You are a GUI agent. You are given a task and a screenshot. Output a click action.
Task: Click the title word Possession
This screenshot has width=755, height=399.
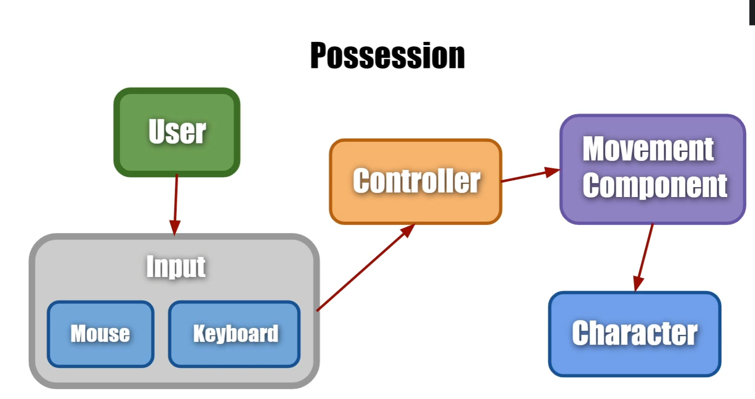tap(388, 56)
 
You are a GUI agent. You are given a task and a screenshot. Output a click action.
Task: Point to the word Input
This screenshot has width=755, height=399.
tap(176, 267)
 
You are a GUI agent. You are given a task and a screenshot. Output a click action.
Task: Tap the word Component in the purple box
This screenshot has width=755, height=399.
tap(655, 185)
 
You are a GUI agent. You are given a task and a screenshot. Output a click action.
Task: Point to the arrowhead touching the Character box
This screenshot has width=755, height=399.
tap(638, 284)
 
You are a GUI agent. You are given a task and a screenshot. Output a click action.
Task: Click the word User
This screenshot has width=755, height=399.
tap(177, 132)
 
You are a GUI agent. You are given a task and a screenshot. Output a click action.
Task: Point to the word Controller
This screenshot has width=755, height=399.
tap(416, 181)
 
